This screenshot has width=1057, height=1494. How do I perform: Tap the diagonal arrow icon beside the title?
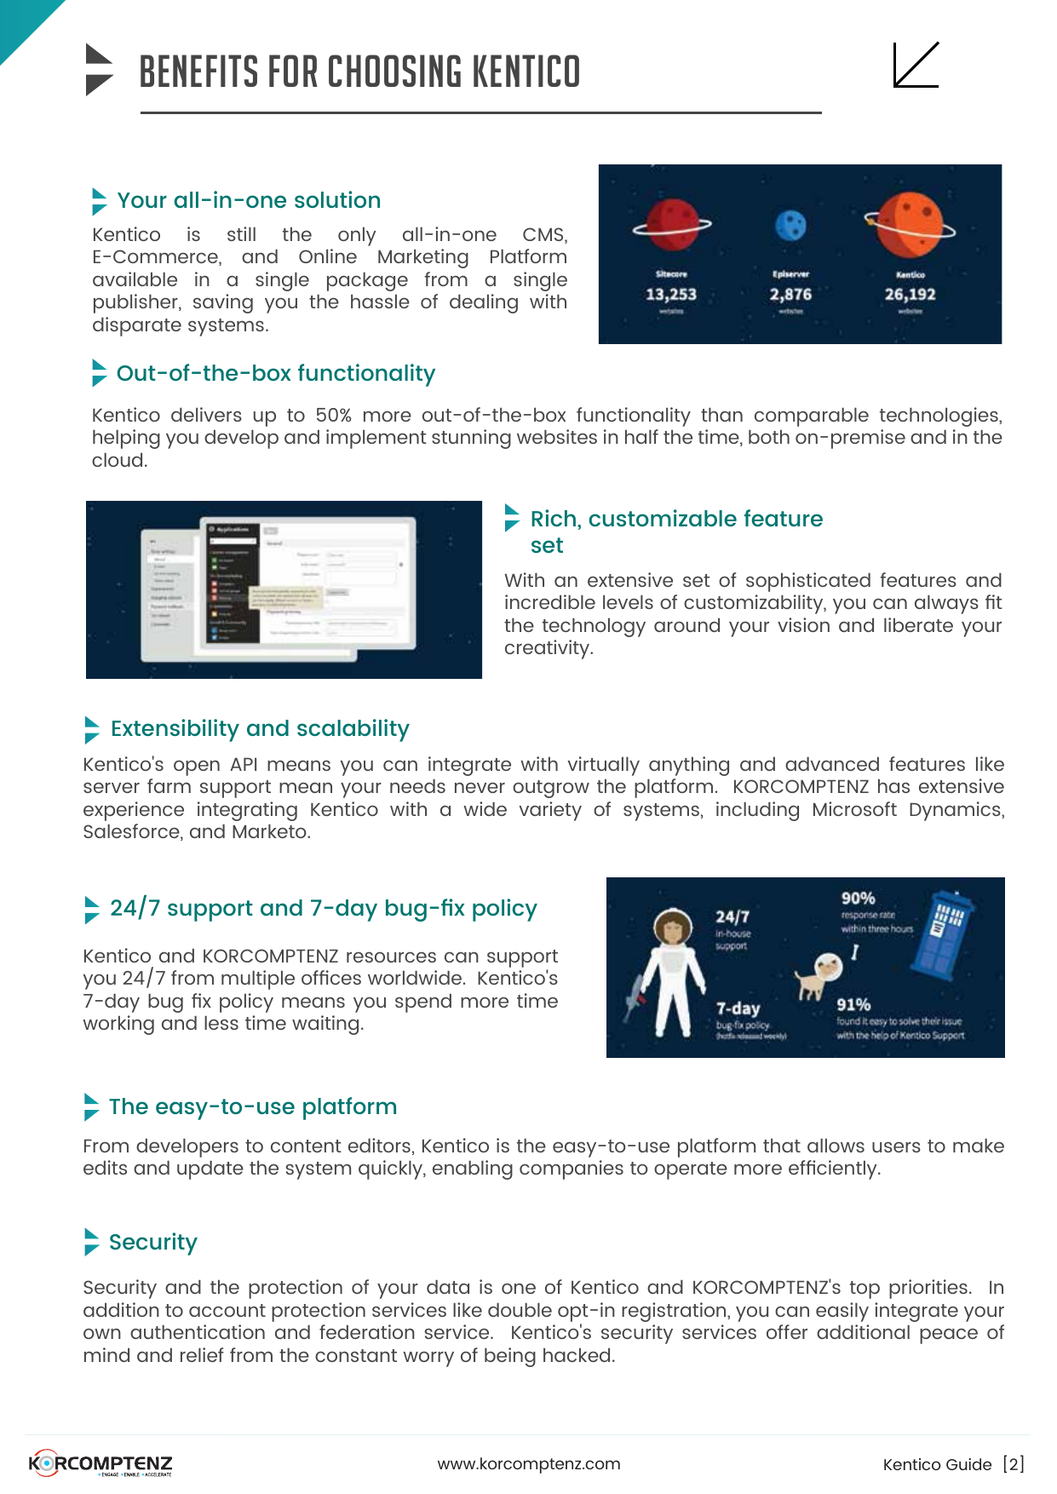916,65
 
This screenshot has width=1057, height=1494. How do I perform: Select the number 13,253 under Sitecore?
671,295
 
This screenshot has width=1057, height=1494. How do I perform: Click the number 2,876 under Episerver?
790,295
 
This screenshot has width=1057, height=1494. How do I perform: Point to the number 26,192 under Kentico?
910,295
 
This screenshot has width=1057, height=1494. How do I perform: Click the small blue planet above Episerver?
791,226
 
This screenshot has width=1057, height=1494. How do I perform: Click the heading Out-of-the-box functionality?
275,373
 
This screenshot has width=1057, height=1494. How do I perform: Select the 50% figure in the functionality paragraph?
333,416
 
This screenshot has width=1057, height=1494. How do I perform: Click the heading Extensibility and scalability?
260,728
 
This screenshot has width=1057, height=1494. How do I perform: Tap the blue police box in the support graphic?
941,931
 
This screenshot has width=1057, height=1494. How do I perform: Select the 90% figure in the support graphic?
858,899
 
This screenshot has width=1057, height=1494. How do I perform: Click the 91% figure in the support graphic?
853,1005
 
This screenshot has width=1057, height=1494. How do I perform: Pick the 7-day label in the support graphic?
738,1008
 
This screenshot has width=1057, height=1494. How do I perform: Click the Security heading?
153,1242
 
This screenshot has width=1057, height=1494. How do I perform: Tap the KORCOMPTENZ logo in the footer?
101,1463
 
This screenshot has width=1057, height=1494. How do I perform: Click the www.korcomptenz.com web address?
529,1464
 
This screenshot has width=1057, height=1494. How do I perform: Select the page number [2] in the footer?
1014,1464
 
